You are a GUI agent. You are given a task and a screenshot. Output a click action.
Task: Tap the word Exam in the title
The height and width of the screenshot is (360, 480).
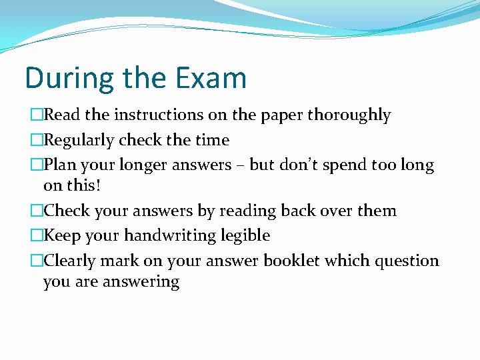(211, 78)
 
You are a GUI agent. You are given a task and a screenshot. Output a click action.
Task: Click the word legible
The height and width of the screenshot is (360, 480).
(247, 236)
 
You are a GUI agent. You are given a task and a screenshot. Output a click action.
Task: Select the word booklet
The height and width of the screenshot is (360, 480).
(292, 261)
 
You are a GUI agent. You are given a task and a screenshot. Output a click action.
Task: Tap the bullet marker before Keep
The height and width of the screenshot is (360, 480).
(36, 236)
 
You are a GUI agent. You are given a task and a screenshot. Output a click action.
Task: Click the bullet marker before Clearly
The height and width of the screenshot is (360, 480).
(36, 261)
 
